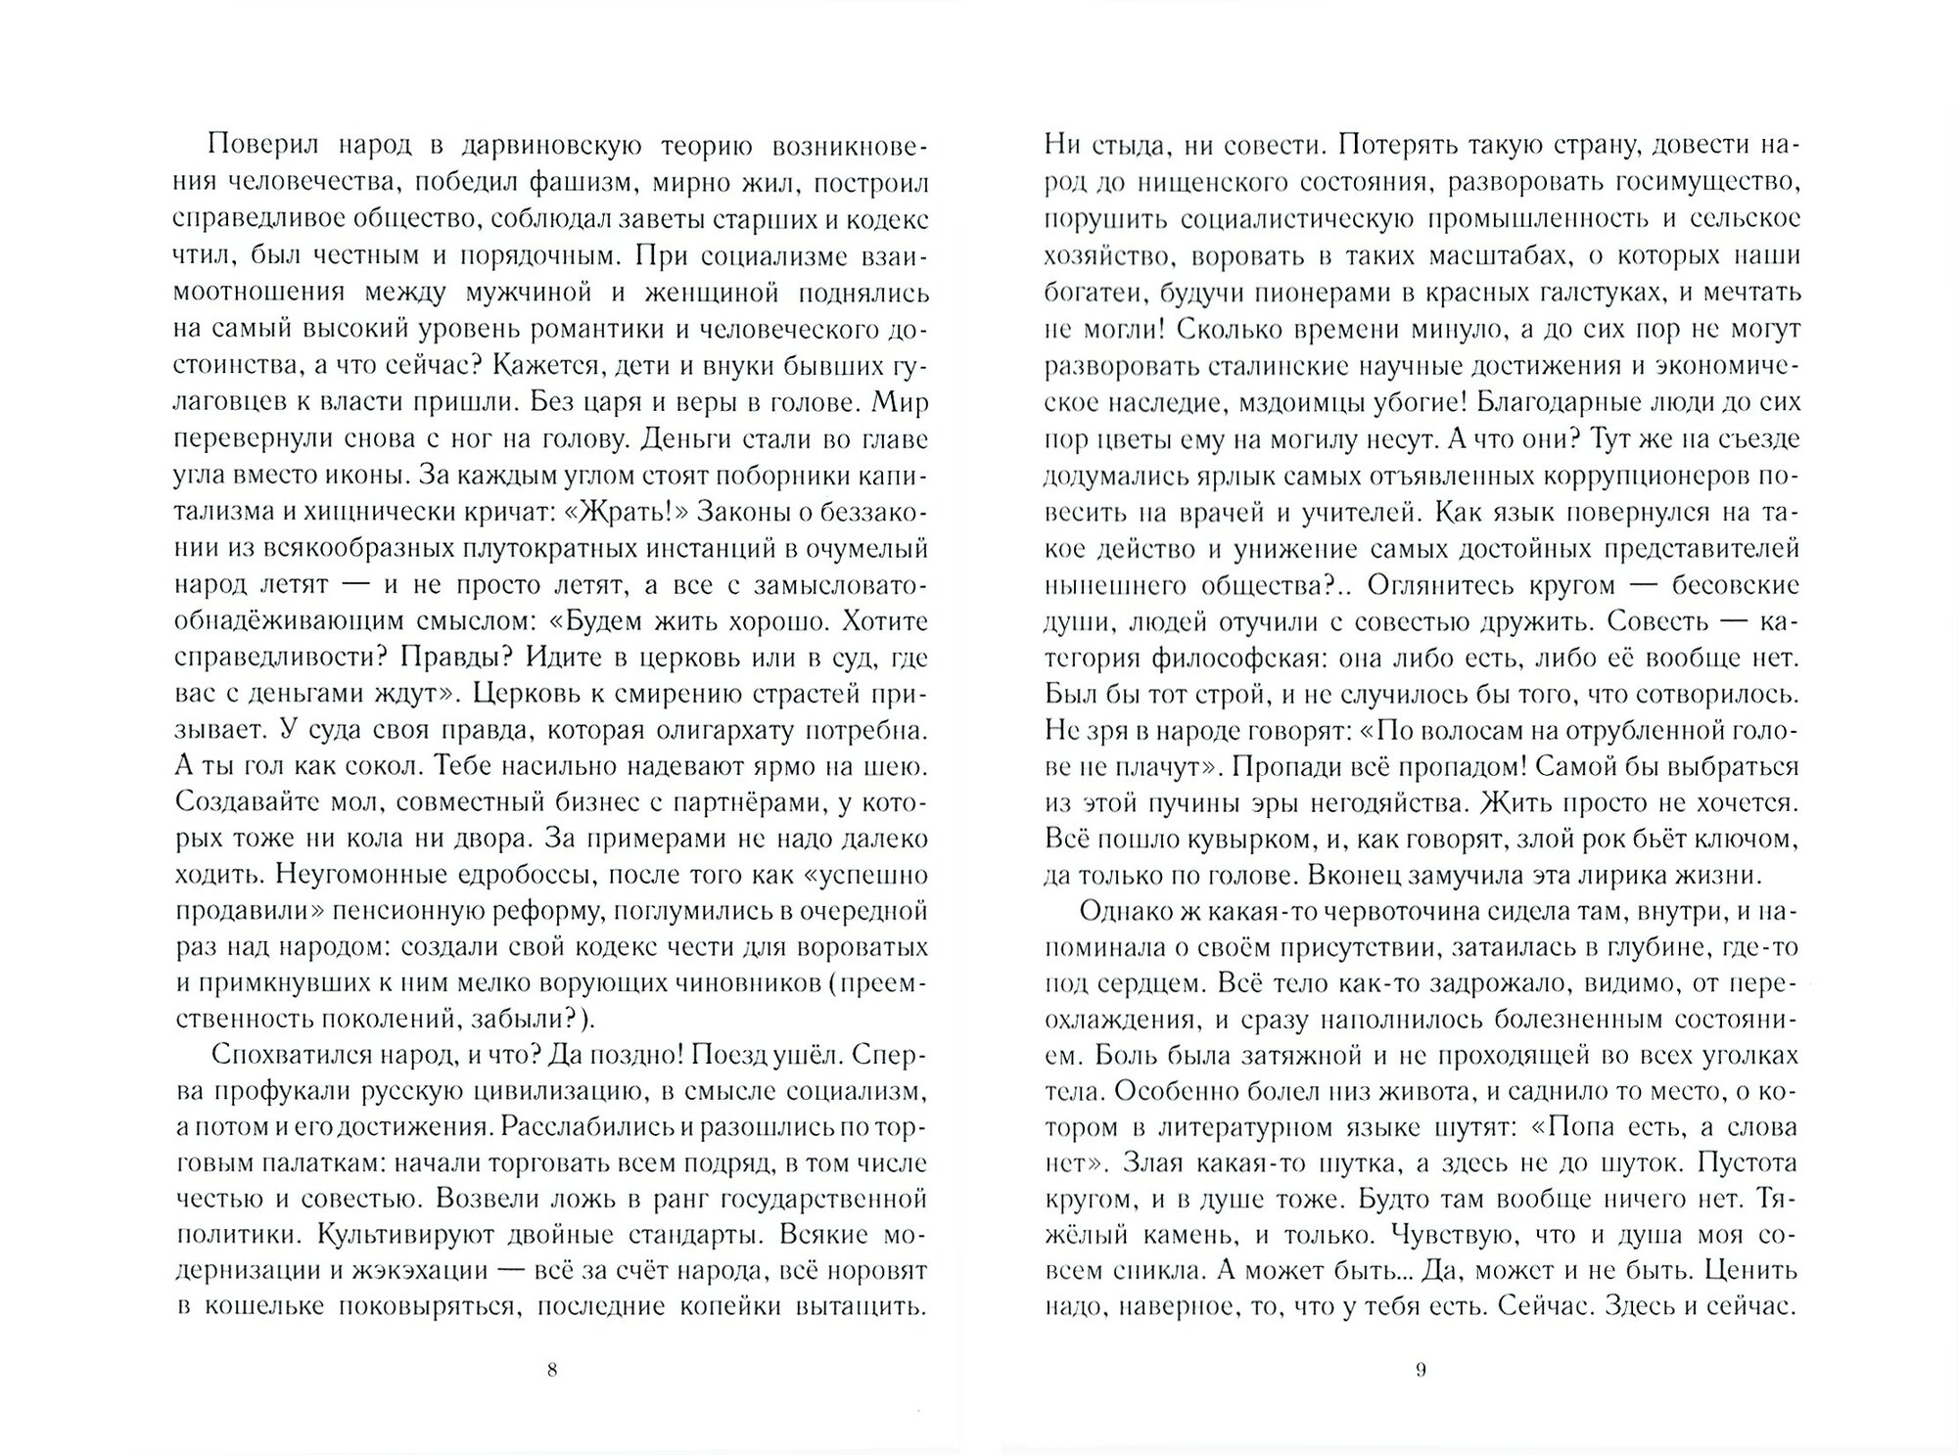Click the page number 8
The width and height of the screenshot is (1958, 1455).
click(x=551, y=1370)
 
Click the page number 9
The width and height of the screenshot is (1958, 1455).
click(x=1421, y=1370)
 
